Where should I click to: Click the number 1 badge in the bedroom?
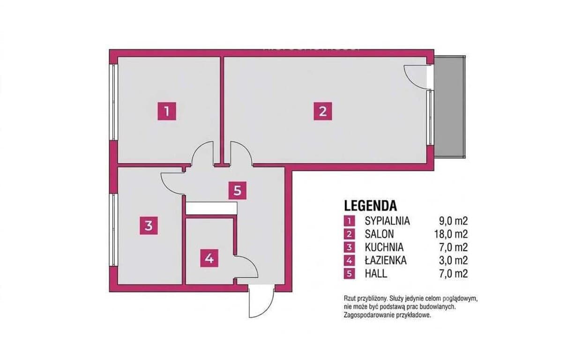point(167,111)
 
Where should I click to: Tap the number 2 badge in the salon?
point(323,111)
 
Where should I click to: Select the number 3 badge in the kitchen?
point(149,226)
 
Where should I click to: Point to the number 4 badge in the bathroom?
point(209,258)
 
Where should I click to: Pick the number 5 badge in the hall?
point(238,190)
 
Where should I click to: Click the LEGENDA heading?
point(370,206)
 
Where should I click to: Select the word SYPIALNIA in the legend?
point(387,221)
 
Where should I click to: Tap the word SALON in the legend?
point(379,234)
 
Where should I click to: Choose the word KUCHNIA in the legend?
point(384,247)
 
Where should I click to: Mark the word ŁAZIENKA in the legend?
point(386,260)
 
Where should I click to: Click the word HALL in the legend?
point(376,274)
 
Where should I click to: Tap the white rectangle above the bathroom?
point(211,208)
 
